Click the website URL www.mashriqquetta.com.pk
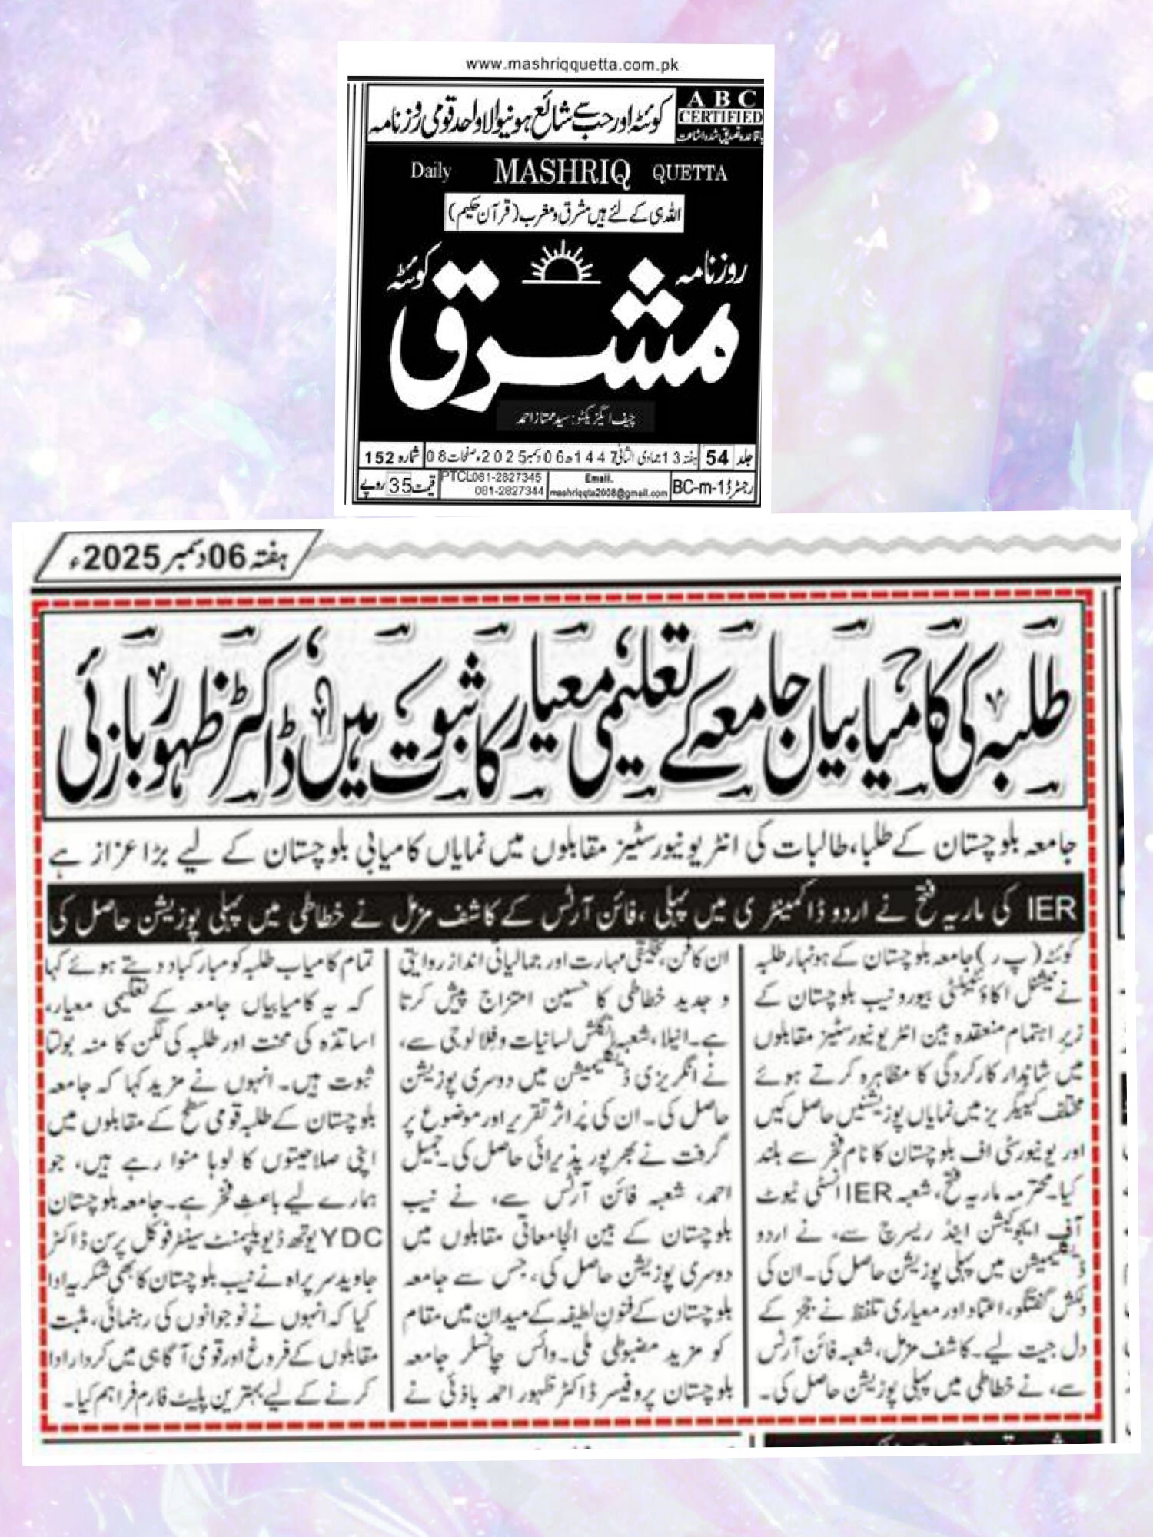572,65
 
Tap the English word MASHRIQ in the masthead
562,172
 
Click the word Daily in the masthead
430,171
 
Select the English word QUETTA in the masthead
689,173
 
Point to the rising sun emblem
560,264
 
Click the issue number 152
378,458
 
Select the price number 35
400,486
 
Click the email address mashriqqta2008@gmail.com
608,493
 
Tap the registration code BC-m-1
697,488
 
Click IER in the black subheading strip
1051,909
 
